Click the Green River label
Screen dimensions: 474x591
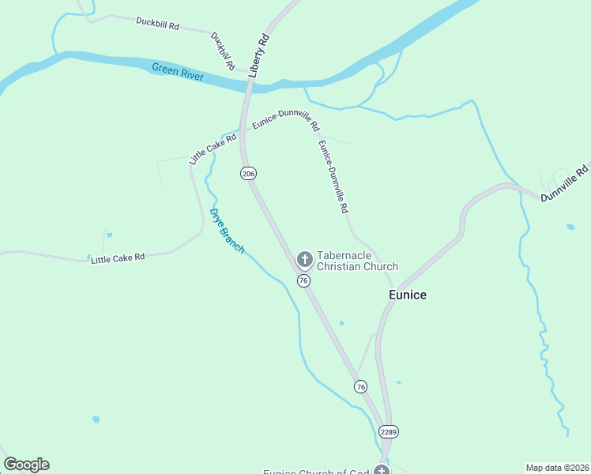coord(178,72)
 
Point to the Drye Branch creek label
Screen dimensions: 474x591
coord(227,231)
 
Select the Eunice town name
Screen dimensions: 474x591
coord(408,295)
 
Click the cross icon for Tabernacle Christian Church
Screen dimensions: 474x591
coord(304,259)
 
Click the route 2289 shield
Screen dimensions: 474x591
coord(388,431)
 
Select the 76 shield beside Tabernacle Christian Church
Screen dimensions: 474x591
coord(303,280)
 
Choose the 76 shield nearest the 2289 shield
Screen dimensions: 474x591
coord(360,386)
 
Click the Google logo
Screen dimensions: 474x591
coord(26,465)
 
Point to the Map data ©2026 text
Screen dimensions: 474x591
coord(556,468)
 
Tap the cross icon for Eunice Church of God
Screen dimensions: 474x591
coord(382,471)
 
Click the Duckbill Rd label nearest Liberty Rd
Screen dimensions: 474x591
coord(224,48)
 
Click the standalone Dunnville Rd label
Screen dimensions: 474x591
coord(565,182)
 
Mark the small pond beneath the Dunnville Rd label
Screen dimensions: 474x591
coord(570,228)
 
